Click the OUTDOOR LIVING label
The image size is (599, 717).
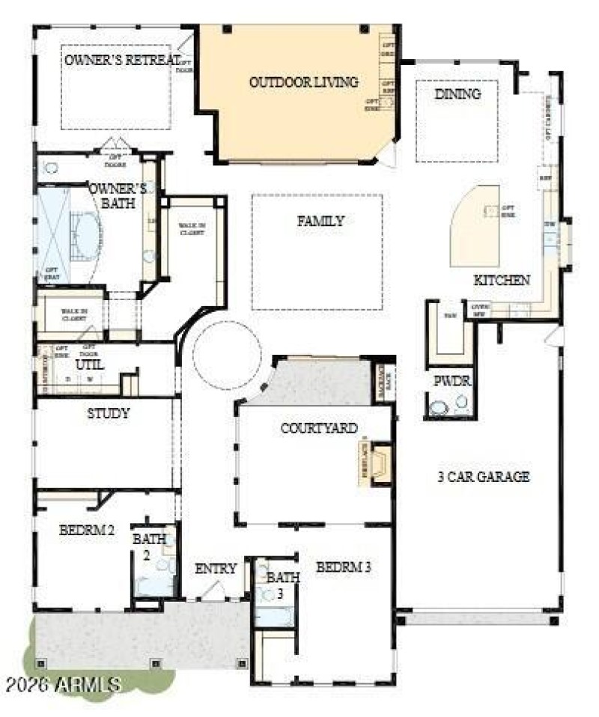(303, 82)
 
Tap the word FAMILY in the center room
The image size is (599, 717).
(320, 221)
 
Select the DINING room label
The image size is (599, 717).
(457, 94)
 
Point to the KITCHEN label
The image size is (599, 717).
(502, 280)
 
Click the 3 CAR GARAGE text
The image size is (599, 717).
(484, 477)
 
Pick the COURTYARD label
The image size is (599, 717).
(319, 428)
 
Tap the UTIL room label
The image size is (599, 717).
(90, 364)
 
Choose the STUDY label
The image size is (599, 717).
(109, 413)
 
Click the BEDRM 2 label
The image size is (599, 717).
(87, 531)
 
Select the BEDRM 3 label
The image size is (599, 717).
(343, 567)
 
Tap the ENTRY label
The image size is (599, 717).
(216, 569)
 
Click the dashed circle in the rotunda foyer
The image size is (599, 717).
(227, 356)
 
